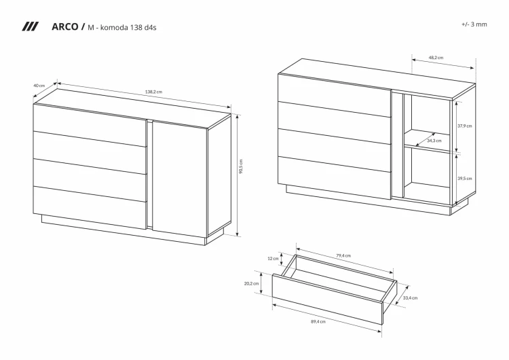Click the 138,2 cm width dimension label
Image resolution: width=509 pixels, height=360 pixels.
[x=153, y=92]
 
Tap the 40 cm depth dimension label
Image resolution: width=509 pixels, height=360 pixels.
[x=39, y=86]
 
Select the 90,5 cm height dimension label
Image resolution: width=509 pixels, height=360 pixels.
[x=241, y=166]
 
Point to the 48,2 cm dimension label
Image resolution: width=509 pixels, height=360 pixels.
[x=436, y=58]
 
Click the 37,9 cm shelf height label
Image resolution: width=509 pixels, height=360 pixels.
[x=465, y=126]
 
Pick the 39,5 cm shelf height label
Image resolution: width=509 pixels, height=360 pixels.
[x=465, y=179]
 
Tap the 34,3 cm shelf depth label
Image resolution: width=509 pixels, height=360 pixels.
[x=434, y=141]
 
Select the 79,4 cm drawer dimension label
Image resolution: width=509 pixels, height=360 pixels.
[x=343, y=255]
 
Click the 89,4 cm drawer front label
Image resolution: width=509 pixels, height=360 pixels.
[x=318, y=322]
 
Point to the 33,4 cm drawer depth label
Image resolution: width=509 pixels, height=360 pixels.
[x=411, y=298]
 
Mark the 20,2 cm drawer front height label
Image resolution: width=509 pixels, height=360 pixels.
[x=252, y=283]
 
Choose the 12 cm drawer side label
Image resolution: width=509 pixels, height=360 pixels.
[x=273, y=259]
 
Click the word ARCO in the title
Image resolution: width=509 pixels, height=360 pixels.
[x=65, y=26]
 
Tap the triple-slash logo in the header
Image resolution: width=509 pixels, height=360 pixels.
[x=30, y=26]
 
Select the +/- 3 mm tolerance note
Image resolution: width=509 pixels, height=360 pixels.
[x=474, y=24]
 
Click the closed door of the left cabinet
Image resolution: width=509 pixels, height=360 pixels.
[x=180, y=178]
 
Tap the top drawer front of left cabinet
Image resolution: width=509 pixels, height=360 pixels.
[x=90, y=125]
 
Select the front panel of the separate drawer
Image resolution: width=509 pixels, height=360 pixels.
[x=328, y=300]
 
